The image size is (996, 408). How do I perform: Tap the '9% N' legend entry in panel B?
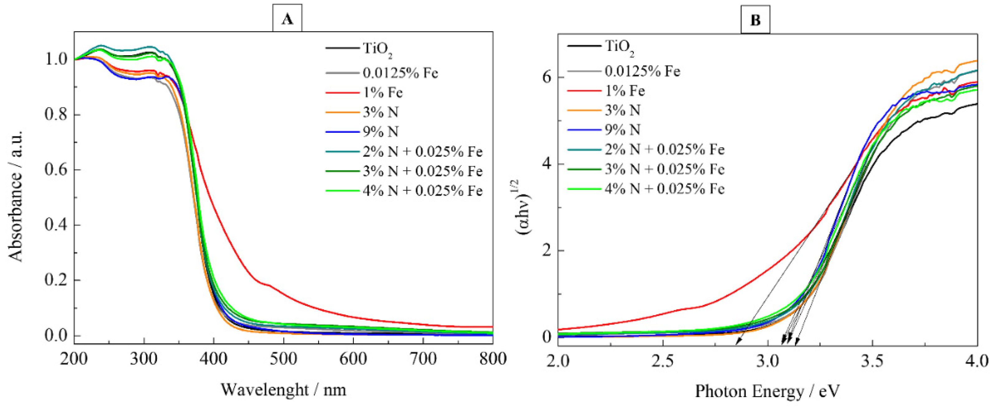[x=622, y=130]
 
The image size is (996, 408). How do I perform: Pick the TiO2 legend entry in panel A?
[x=377, y=49]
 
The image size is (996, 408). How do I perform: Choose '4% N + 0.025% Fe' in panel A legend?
[x=422, y=191]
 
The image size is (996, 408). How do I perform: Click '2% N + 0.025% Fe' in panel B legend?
[x=664, y=150]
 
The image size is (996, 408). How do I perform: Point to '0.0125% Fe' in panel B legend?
[x=642, y=71]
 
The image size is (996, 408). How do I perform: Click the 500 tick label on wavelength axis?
[x=283, y=359]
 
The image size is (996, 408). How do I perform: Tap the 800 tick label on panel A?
[x=492, y=359]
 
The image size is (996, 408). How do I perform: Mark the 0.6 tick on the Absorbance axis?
[x=56, y=169]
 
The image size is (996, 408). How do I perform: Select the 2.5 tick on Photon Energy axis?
[x=663, y=361]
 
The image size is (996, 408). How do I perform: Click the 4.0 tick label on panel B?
[x=977, y=361]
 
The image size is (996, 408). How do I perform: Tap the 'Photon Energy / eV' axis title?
[x=767, y=391]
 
